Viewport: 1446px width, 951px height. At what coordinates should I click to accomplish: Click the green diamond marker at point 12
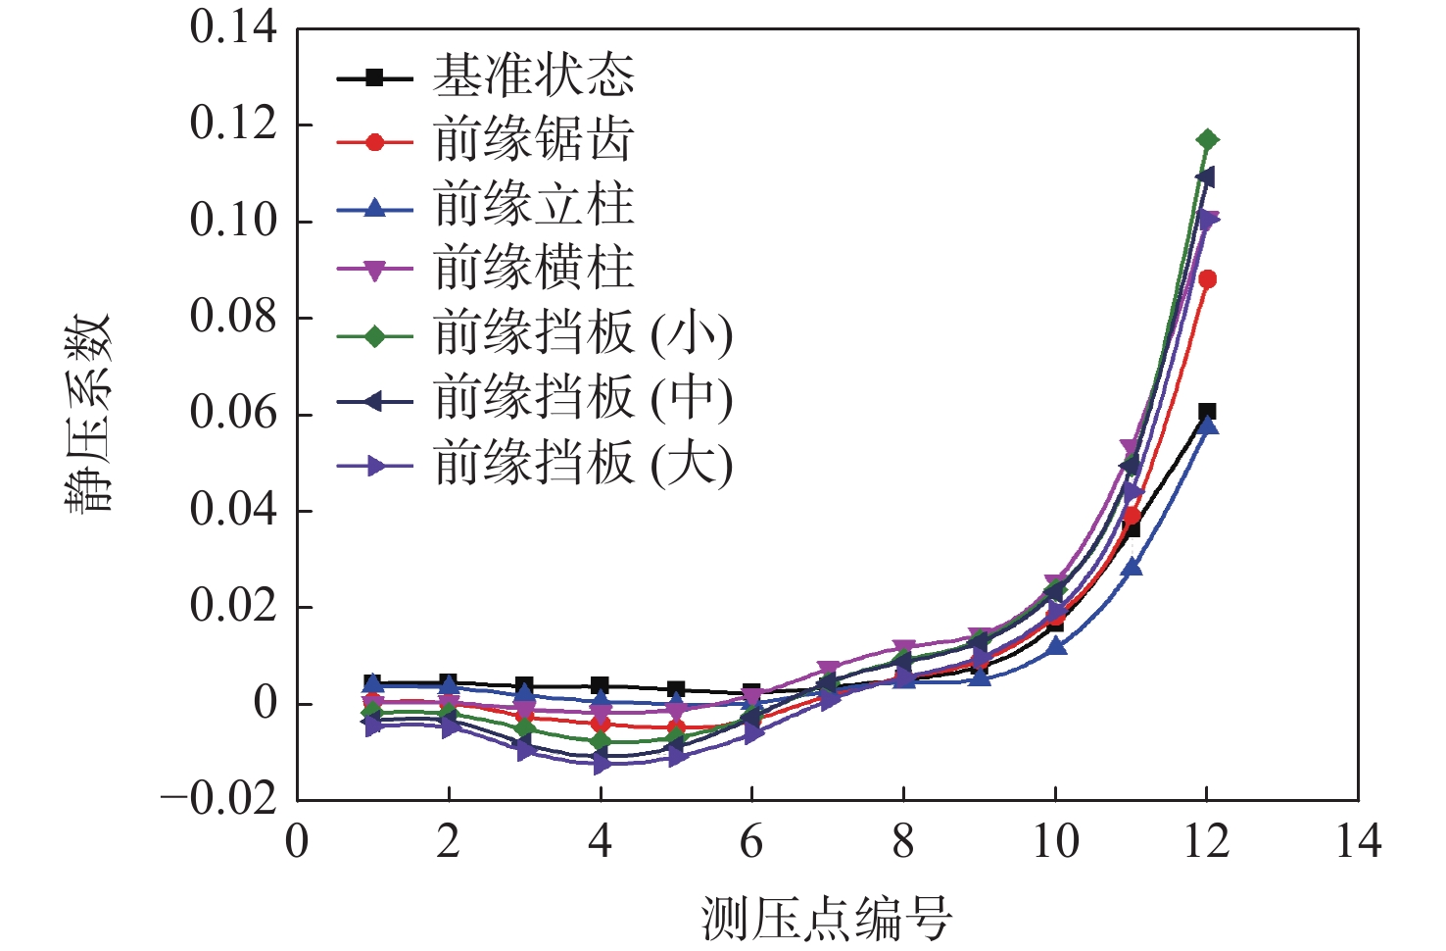(1207, 140)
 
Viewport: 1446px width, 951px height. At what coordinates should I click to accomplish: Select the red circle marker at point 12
(1207, 279)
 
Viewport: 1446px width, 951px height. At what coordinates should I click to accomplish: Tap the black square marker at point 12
(1207, 412)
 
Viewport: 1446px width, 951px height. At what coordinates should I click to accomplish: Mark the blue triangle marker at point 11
(1132, 568)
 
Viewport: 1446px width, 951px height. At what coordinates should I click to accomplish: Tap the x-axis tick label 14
(1358, 842)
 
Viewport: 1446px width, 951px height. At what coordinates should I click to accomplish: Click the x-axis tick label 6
(751, 842)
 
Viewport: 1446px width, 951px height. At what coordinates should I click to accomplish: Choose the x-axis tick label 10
(1055, 842)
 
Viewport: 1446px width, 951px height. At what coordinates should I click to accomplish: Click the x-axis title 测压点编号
(827, 919)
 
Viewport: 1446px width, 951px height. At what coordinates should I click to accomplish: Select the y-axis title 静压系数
(89, 413)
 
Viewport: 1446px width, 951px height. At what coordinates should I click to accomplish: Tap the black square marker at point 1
(373, 682)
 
